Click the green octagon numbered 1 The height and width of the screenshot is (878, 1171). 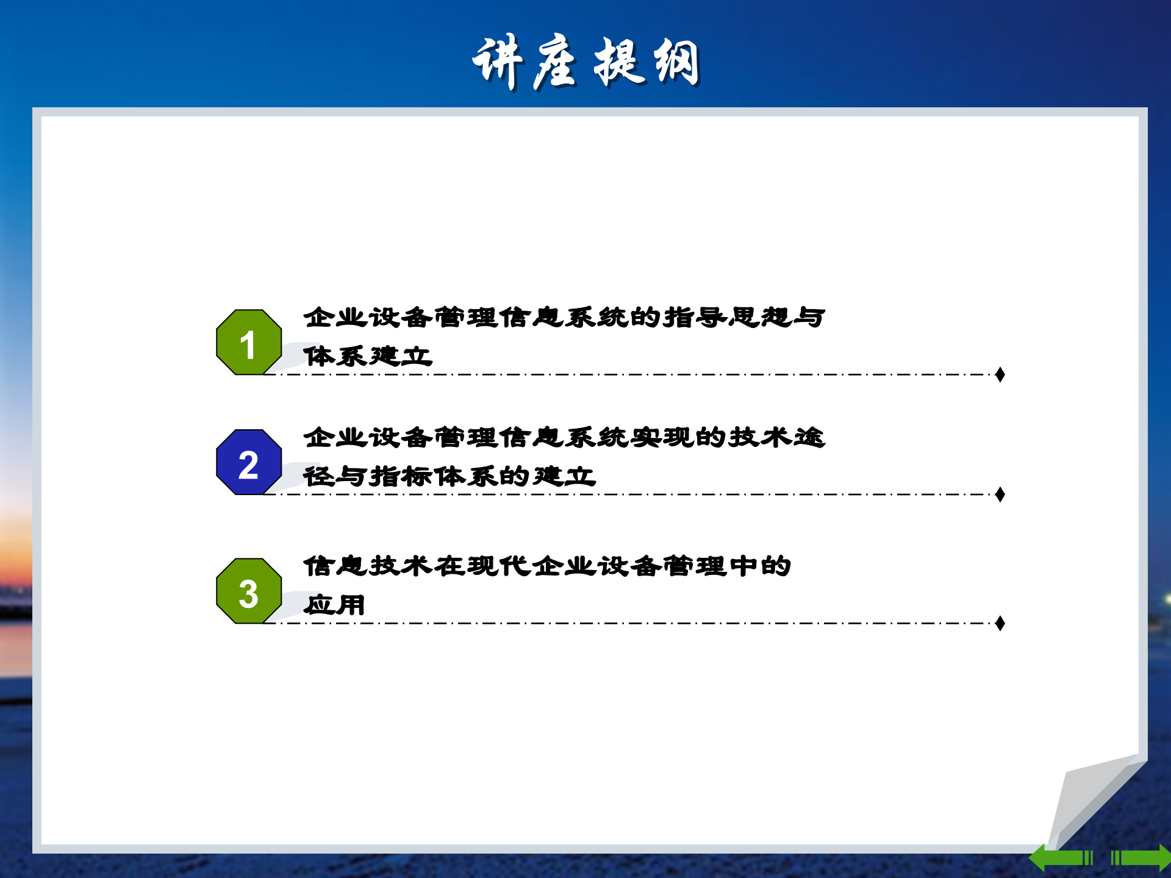tap(249, 342)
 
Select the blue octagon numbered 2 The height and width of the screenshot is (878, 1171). tap(249, 462)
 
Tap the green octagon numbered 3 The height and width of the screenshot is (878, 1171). tap(249, 591)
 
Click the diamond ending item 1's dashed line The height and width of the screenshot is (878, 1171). tap(1000, 374)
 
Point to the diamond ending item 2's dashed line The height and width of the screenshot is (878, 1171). tap(1000, 494)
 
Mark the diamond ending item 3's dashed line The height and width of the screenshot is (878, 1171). tap(1000, 623)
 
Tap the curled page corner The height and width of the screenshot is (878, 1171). tap(1092, 799)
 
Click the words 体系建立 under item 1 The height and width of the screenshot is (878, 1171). tap(368, 356)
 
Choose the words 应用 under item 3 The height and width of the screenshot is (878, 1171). tap(334, 605)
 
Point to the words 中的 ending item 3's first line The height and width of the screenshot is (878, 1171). tap(760, 566)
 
